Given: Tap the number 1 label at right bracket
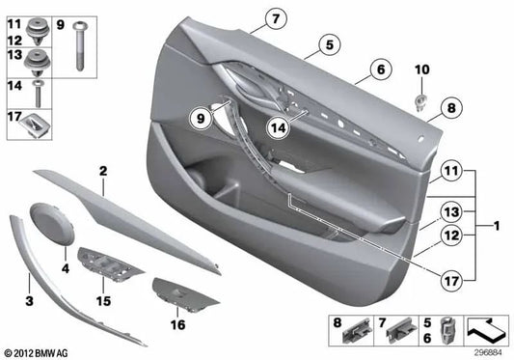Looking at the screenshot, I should [496, 227].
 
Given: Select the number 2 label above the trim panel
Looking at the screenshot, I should [102, 170].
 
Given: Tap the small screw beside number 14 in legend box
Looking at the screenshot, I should [37, 93].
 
